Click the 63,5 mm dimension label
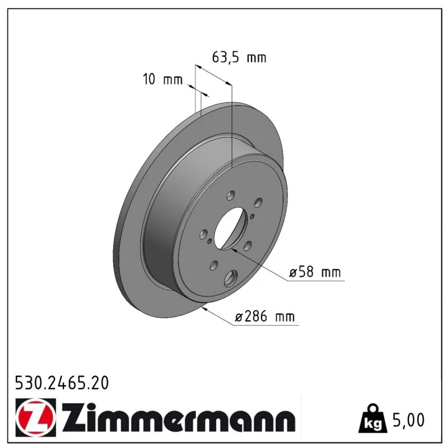pyautogui.click(x=239, y=58)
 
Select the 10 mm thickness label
pyautogui.click(x=162, y=79)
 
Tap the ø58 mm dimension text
pyautogui.click(x=315, y=272)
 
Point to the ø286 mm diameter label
pyautogui.click(x=264, y=316)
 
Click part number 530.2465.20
pyautogui.click(x=62, y=383)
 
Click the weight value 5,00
pyautogui.click(x=409, y=420)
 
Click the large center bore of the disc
pyautogui.click(x=229, y=228)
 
